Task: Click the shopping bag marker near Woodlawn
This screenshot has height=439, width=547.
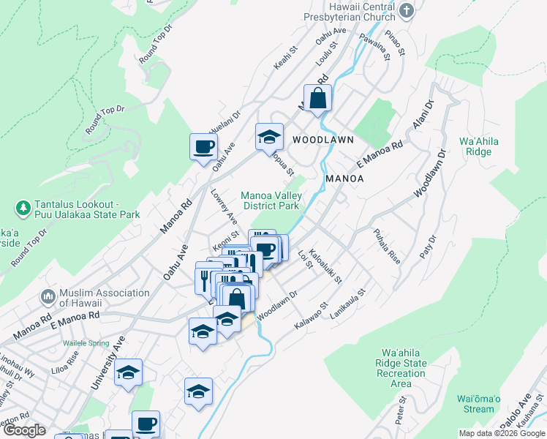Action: pyautogui.click(x=317, y=98)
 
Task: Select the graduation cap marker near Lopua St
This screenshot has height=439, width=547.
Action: pyautogui.click(x=269, y=137)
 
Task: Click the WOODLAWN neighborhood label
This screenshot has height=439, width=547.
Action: pyautogui.click(x=323, y=139)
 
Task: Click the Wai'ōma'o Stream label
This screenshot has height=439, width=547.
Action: pyautogui.click(x=478, y=404)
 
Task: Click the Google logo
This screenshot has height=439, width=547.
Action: pyautogui.click(x=23, y=430)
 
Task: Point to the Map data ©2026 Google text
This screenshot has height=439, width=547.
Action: pyautogui.click(x=501, y=433)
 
